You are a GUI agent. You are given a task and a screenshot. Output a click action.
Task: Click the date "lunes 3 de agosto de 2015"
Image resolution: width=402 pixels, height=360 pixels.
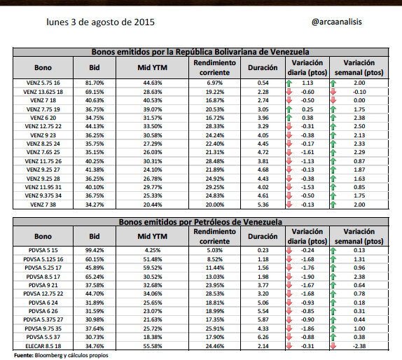pos(101,22)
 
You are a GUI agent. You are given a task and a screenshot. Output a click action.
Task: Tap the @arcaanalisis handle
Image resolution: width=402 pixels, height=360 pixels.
pos(337,22)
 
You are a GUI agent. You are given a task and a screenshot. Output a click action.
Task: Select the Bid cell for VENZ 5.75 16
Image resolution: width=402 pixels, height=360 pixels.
pos(95,83)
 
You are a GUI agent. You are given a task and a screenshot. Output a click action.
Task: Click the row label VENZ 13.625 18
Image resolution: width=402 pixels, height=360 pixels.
pos(43,92)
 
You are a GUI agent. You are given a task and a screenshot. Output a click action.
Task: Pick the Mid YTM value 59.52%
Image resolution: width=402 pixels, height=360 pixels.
pos(153,268)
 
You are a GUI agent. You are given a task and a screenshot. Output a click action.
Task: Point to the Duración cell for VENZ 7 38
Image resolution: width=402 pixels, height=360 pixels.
pos(263,205)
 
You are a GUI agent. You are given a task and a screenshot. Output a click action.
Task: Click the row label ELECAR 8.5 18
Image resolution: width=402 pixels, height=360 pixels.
pos(43,346)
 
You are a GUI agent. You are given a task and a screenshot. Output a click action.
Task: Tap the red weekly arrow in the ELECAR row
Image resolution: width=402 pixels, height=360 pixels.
pos(333,346)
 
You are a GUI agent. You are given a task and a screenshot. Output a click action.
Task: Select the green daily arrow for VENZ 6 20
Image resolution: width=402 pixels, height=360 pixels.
pos(289,118)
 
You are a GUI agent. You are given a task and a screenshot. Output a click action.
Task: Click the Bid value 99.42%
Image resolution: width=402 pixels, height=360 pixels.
pos(95,250)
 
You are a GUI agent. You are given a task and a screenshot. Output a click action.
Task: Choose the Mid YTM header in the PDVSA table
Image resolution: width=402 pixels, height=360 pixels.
pos(152,237)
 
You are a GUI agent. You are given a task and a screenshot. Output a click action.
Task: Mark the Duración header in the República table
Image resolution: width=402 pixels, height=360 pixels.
pos(263,68)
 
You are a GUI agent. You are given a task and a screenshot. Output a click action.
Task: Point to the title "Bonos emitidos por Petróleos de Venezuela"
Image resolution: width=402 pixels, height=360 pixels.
pos(200,222)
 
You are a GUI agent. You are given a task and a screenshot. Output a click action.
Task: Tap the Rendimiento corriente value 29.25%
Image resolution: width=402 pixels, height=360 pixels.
pos(215,187)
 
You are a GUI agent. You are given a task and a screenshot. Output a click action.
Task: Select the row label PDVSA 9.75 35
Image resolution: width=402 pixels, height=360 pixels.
pos(43,328)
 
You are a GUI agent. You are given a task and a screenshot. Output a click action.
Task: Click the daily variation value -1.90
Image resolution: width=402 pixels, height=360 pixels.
pos(307,277)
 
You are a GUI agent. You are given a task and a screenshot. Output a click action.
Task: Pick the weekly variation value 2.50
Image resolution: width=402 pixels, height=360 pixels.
pos(359,126)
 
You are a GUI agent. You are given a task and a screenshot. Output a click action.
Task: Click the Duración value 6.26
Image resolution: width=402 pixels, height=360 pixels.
pos(263,337)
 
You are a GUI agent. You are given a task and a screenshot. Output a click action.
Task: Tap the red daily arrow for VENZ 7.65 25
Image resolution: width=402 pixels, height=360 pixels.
pos(289,152)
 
